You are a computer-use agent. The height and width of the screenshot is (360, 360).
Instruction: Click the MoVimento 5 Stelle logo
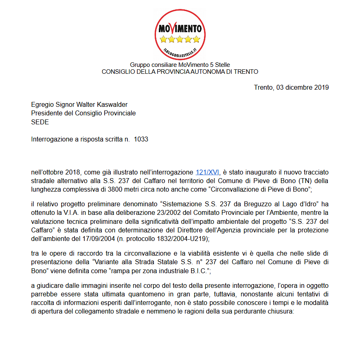point(180,34)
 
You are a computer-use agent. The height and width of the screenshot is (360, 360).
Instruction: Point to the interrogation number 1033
point(141,139)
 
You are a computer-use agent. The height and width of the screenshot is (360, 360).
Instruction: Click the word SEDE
point(40,122)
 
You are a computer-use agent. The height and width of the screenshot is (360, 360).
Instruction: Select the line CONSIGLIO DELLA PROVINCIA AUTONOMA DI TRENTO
point(180,71)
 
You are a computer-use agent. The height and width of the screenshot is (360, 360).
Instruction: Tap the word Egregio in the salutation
point(43,105)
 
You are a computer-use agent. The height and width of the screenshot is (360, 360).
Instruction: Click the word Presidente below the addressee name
point(47,113)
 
